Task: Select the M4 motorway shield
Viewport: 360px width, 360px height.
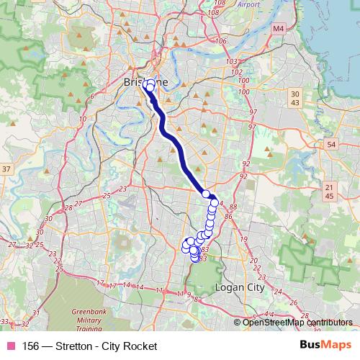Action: click(x=279, y=29)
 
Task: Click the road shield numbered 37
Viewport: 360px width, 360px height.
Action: click(x=6, y=168)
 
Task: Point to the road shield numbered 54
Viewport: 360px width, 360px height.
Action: click(x=330, y=145)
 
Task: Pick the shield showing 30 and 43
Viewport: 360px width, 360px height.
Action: click(x=294, y=99)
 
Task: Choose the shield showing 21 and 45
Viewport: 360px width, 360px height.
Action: click(x=329, y=192)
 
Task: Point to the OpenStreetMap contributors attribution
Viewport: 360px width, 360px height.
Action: click(x=297, y=323)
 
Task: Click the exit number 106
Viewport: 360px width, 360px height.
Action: click(x=220, y=40)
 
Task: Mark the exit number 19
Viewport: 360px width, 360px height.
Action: click(x=243, y=238)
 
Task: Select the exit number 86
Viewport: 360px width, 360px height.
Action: click(x=229, y=215)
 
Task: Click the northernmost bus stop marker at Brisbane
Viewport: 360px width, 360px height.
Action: click(x=148, y=84)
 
